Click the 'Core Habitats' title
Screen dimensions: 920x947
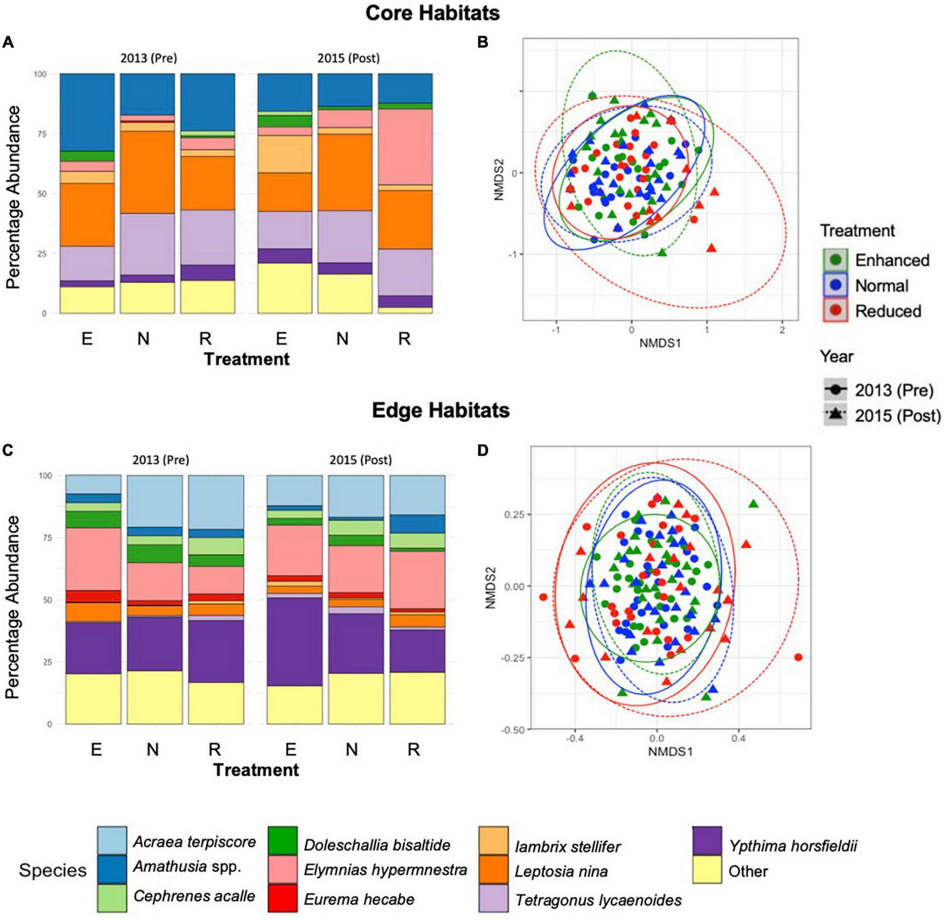(x=432, y=13)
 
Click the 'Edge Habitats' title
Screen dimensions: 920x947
(x=440, y=410)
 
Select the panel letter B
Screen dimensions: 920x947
(x=483, y=42)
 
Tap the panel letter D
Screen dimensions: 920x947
(x=483, y=451)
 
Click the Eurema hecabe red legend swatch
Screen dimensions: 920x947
(x=282, y=899)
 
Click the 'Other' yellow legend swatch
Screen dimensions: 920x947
(x=707, y=870)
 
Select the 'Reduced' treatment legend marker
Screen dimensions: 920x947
(x=836, y=311)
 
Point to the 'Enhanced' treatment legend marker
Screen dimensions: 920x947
(x=836, y=260)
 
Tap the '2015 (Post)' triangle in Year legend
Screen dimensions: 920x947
(x=835, y=415)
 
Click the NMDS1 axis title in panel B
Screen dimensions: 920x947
(x=660, y=343)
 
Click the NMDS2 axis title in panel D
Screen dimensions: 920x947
(x=490, y=587)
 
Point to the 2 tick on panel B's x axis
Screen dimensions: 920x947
(x=782, y=330)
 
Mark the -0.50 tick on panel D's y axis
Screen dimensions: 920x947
(x=513, y=730)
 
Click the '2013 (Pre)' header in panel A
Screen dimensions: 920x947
(x=148, y=58)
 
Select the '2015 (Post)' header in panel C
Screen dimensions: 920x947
(x=360, y=460)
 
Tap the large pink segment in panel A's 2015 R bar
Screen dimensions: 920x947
(x=405, y=146)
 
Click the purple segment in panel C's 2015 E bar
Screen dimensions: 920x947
(x=294, y=641)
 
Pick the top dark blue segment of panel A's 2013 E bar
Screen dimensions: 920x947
(x=87, y=112)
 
